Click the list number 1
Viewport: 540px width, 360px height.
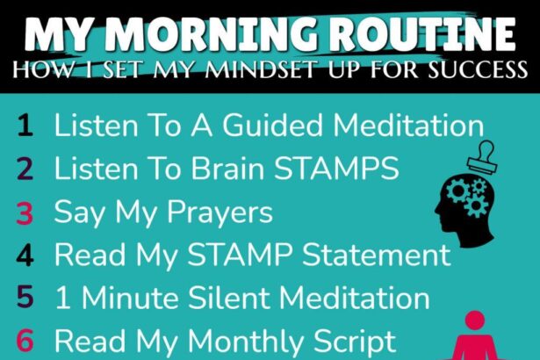coord(25,126)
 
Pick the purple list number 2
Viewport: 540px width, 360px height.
coord(25,169)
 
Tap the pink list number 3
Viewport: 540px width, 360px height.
coord(25,212)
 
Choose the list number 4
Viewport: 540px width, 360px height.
coord(25,255)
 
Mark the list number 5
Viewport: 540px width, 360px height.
coord(25,298)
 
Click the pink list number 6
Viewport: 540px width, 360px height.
coord(25,341)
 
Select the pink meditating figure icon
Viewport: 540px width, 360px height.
coord(475,335)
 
